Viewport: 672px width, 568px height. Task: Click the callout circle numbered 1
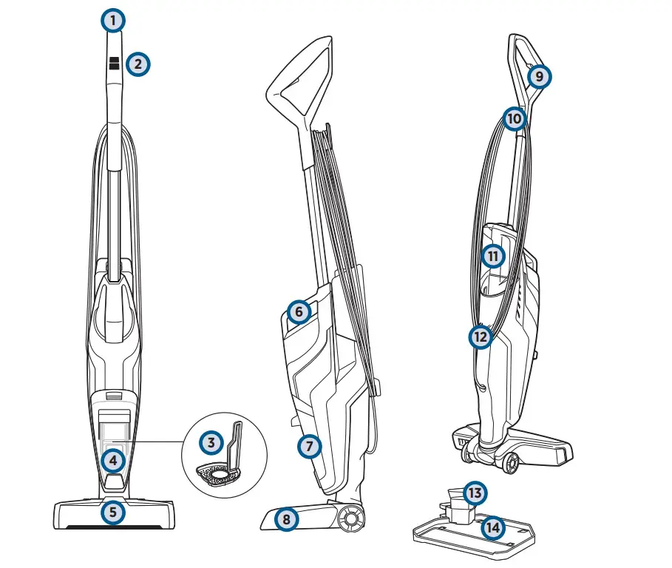click(x=112, y=21)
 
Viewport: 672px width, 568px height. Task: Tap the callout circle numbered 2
click(x=138, y=64)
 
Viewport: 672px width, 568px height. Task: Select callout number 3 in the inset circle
click(x=212, y=444)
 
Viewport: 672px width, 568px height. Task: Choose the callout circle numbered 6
click(x=298, y=312)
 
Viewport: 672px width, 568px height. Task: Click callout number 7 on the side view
click(x=310, y=446)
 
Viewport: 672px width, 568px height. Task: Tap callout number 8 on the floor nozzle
click(x=286, y=519)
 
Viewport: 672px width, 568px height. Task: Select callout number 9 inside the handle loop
click(x=540, y=76)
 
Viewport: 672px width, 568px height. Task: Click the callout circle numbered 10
click(x=515, y=118)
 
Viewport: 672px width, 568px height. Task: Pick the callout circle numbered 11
click(x=493, y=257)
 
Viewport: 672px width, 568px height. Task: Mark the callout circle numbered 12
click(x=481, y=337)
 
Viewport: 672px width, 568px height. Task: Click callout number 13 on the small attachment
click(x=475, y=493)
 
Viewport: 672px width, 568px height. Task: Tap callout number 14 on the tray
click(x=492, y=527)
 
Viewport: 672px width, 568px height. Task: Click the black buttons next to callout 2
click(x=114, y=64)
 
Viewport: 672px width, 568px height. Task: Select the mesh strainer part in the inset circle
click(x=218, y=474)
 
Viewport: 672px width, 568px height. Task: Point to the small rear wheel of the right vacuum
click(x=509, y=464)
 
